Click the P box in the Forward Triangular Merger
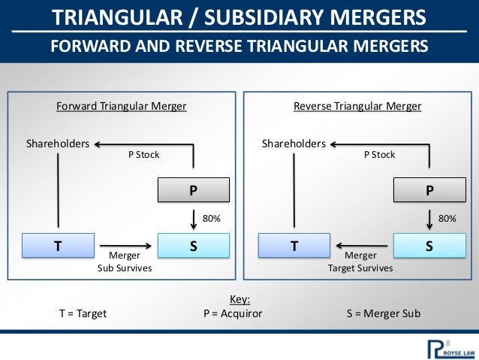coord(194,191)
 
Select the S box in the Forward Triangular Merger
coord(194,244)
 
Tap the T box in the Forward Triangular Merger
coord(59,244)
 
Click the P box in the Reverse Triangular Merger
coord(429,191)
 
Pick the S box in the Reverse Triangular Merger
coord(429,244)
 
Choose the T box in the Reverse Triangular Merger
coord(294,244)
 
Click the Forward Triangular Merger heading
coord(122,107)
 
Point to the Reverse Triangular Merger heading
coord(357,107)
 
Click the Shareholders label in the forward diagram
coord(58,143)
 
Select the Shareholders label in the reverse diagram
coord(294,143)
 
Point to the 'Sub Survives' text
coord(125,267)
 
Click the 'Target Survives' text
coord(360,267)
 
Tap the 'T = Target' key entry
coord(83,313)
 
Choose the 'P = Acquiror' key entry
coord(233,313)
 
